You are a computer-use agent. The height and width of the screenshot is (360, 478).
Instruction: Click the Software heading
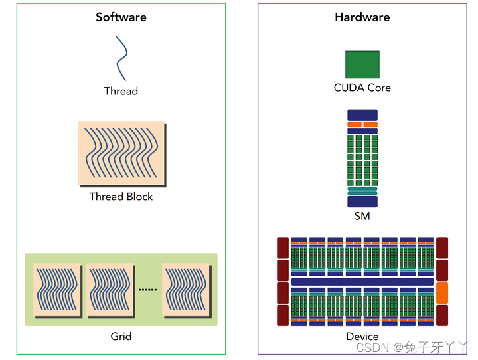point(121,17)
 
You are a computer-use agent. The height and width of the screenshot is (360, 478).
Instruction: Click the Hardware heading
point(362,17)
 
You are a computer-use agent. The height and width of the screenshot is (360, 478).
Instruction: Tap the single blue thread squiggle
point(120,58)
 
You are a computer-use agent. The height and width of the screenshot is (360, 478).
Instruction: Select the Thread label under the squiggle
point(121,91)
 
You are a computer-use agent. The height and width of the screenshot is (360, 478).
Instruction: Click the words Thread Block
point(121,197)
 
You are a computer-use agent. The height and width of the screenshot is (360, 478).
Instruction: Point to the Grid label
point(121,336)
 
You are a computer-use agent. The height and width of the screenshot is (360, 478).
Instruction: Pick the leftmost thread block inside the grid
point(57,290)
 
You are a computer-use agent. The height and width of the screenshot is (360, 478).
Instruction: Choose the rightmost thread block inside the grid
point(186,290)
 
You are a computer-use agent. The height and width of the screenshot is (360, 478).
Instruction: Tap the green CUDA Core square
point(362,64)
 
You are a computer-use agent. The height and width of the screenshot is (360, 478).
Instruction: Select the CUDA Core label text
point(362,88)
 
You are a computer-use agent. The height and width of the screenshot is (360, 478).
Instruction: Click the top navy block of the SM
point(362,115)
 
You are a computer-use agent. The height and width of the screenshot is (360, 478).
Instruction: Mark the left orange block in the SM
point(354,125)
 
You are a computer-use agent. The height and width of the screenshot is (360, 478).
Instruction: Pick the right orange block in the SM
point(370,125)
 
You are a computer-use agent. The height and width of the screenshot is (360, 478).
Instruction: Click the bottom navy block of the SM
point(362,201)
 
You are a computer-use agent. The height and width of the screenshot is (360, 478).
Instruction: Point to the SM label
point(362,217)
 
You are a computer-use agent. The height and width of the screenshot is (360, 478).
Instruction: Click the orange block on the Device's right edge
point(442,292)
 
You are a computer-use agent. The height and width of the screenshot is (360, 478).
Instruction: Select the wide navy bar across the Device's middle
point(362,282)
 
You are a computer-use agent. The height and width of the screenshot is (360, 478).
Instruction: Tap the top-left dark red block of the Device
point(283,248)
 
